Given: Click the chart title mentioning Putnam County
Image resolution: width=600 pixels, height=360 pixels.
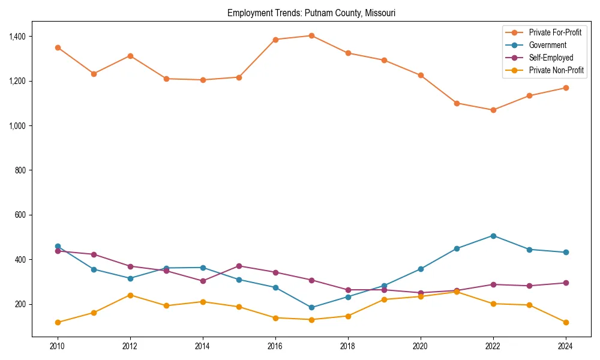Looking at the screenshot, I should click(311, 13).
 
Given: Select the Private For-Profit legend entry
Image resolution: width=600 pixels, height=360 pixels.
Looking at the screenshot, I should click(555, 32).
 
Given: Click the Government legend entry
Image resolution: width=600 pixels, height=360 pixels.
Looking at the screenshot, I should click(547, 45).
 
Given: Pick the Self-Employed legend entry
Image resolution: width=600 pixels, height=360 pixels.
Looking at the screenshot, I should click(551, 58).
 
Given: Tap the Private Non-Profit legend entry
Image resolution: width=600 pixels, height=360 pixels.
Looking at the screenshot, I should click(556, 70).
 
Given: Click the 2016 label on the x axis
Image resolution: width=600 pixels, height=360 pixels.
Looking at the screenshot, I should click(275, 346).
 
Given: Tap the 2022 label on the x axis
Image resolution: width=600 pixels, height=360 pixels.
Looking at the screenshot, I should click(493, 346).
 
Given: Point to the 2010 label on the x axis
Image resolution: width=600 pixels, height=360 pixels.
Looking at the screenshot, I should click(58, 346).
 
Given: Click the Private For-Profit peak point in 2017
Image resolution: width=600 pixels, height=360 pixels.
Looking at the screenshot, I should click(311, 35).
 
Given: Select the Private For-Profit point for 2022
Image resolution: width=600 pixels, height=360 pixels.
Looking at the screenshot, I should click(493, 110).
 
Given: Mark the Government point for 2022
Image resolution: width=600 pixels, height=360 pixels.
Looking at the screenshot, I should click(493, 236).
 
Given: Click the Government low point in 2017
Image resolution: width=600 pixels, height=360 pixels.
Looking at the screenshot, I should click(311, 307).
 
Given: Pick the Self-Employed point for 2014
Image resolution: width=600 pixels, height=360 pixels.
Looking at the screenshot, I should click(203, 281).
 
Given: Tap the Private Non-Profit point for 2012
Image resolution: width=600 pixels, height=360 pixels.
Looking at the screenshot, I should click(130, 295).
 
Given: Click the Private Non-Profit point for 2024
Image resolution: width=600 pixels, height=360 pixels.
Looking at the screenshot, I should click(566, 322).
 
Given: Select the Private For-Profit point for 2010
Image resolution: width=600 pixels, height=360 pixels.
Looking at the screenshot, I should click(58, 47).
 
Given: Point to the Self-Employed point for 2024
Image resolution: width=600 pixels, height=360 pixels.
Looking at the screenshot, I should click(566, 283).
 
